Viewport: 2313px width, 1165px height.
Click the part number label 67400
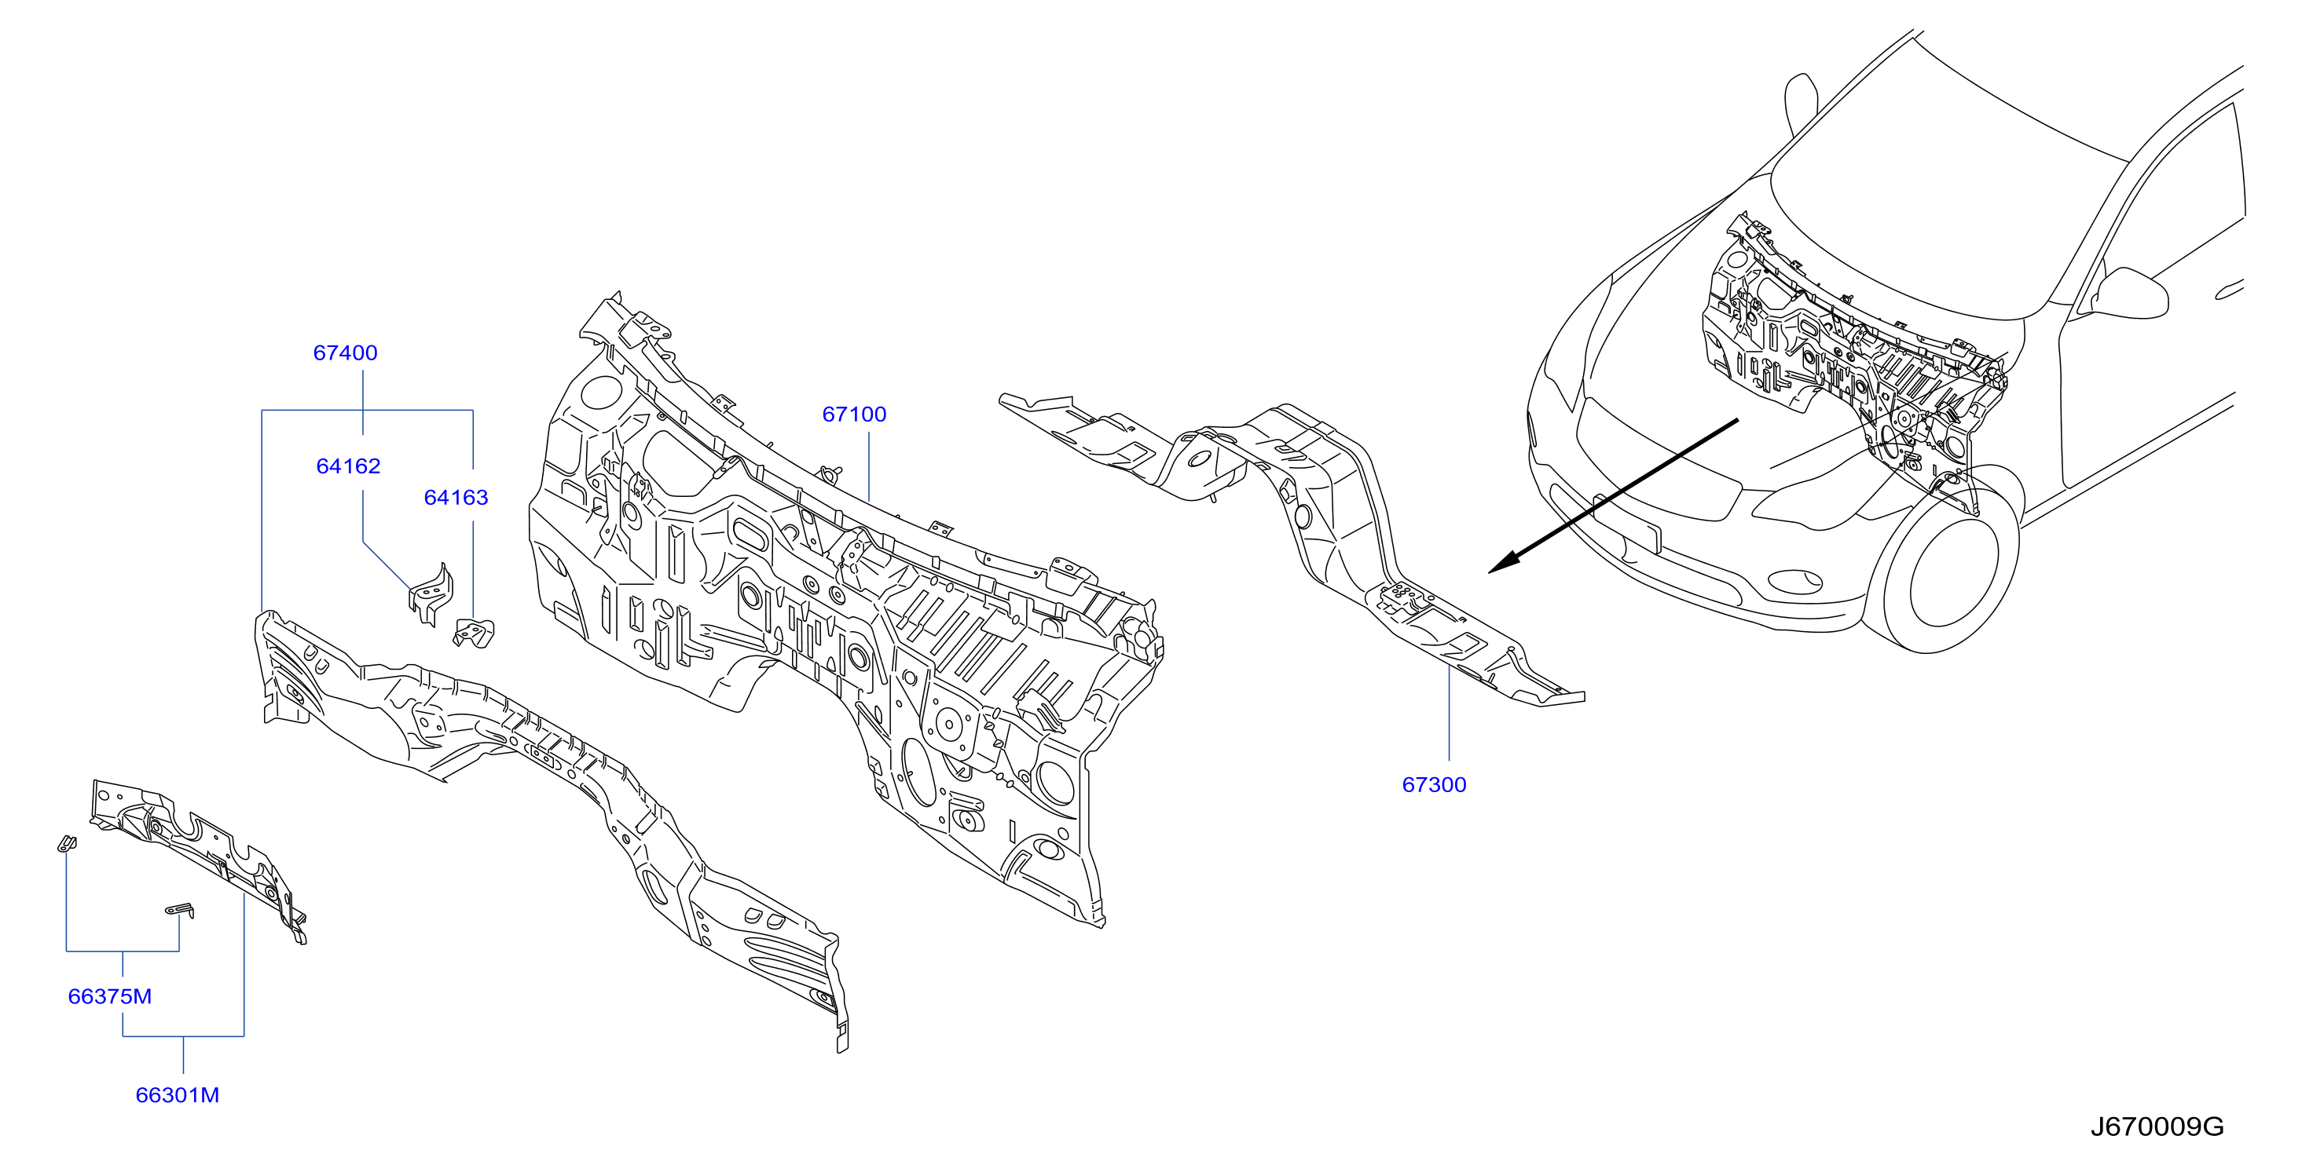345,352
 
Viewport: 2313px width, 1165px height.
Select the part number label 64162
348,466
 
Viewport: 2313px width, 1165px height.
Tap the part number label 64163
456,497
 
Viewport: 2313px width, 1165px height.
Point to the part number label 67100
854,414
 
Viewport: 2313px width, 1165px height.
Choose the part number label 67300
1434,784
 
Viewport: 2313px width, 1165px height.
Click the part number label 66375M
109,996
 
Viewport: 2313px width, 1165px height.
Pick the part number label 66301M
177,1095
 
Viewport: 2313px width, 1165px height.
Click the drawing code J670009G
2157,1127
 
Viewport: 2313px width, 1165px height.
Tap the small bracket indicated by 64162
432,594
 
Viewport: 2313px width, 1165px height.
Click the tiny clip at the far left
67,844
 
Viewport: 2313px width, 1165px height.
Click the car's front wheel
1948,562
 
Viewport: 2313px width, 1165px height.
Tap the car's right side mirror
2129,293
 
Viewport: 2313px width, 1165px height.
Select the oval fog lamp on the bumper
1794,582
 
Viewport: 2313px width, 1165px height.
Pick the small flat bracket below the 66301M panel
181,910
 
